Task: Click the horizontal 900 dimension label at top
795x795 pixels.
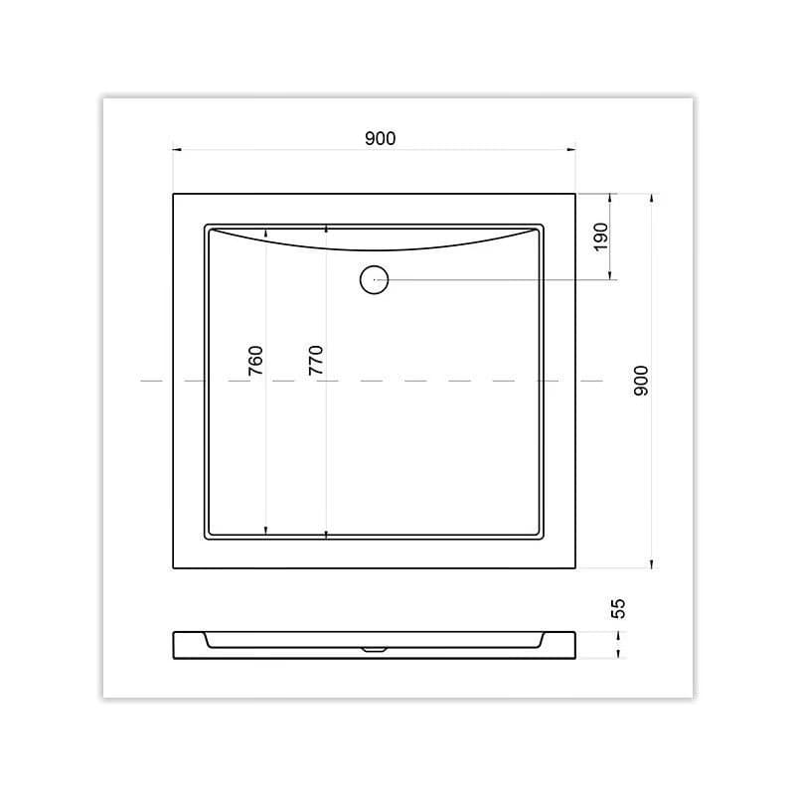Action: click(381, 138)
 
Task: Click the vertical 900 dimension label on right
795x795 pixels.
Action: click(641, 381)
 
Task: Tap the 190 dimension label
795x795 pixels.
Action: click(601, 237)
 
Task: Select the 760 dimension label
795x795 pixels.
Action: click(256, 361)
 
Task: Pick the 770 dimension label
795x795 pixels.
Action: click(315, 360)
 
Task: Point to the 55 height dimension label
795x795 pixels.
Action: click(618, 608)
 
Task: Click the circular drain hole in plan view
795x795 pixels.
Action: click(375, 279)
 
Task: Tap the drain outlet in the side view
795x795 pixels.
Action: click(375, 650)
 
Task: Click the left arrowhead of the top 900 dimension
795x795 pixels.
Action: click(177, 150)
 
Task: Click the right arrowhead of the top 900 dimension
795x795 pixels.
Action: click(571, 150)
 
